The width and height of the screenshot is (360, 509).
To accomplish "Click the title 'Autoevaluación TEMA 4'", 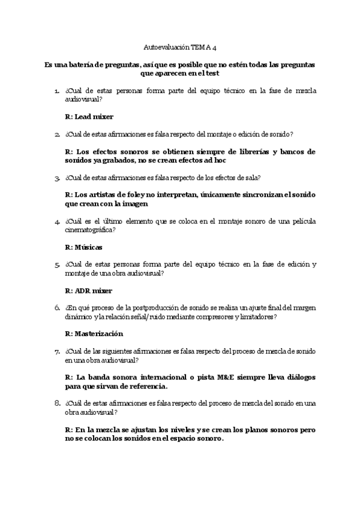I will point(179,46).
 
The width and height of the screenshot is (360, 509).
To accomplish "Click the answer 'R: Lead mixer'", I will point(89,116).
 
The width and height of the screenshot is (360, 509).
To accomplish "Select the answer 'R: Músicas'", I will point(83,247).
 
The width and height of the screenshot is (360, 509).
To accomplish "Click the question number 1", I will point(56,91).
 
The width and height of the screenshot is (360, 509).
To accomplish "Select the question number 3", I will point(56,178).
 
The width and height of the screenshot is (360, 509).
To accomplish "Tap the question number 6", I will point(56,307).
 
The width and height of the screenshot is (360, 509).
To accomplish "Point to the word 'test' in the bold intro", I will point(212,73).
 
